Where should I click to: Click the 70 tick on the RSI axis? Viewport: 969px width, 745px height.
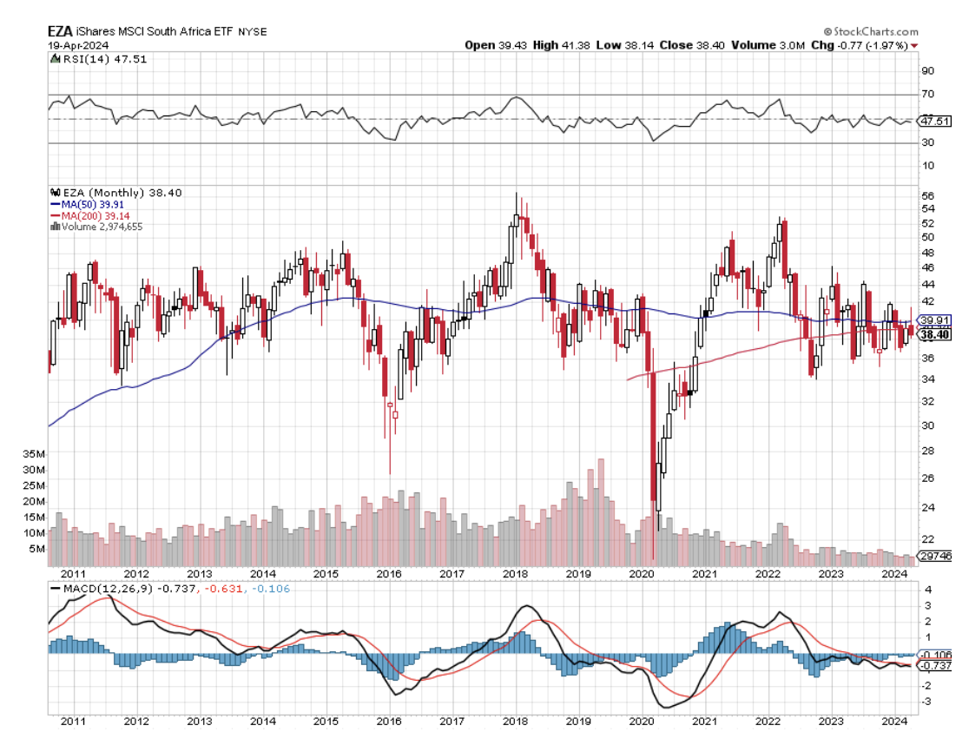[x=927, y=94]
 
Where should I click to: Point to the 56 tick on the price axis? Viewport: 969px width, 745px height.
[x=926, y=195]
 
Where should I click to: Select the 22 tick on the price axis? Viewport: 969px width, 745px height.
[x=926, y=539]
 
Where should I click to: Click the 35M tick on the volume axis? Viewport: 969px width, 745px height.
[x=35, y=454]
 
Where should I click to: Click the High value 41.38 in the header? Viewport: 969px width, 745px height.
[x=577, y=44]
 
